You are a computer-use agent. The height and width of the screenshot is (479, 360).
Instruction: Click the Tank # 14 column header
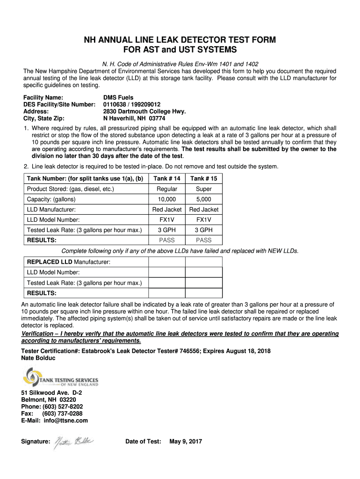(x=167, y=179)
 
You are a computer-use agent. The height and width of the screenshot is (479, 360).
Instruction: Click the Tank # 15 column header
(x=204, y=179)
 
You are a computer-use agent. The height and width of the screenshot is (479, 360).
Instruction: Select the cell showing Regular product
(x=167, y=189)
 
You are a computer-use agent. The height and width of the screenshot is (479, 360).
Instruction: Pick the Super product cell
(x=204, y=189)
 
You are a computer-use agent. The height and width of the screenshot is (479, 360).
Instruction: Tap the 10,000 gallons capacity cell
(x=167, y=199)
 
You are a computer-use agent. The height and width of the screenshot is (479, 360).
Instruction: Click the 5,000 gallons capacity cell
(x=204, y=199)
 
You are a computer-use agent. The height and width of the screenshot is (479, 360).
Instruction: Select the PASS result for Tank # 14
(x=167, y=240)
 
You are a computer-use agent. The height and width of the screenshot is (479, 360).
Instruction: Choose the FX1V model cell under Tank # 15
(x=204, y=219)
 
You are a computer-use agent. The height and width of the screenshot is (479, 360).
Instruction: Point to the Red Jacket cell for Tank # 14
(x=167, y=210)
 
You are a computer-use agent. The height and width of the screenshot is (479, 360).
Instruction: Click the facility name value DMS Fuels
(x=118, y=98)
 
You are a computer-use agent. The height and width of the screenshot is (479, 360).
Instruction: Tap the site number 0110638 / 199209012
(x=132, y=105)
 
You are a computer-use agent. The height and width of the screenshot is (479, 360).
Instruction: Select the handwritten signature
(x=74, y=441)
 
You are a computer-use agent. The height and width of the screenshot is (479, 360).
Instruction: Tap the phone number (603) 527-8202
(x=63, y=406)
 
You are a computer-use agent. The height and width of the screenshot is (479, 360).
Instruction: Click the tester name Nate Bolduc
(x=38, y=358)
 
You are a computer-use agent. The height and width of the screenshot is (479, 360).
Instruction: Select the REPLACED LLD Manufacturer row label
(x=69, y=262)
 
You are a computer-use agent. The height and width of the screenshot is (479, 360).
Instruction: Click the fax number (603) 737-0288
(x=63, y=414)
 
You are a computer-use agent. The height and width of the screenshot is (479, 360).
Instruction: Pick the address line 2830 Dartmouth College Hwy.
(x=144, y=111)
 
